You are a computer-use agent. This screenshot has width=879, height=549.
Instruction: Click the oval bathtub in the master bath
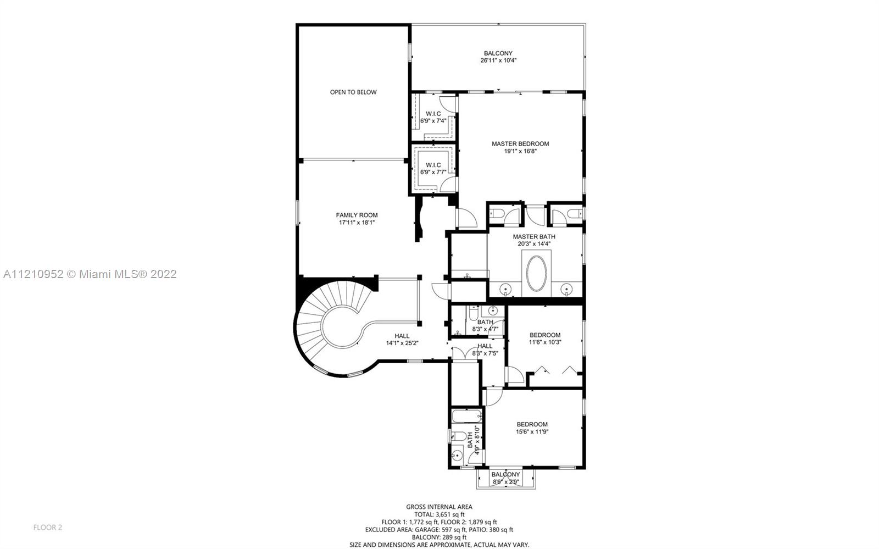(x=536, y=274)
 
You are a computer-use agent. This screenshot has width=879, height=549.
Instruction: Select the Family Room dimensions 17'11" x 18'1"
(x=357, y=223)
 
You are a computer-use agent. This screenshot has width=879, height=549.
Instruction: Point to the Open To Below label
(x=353, y=92)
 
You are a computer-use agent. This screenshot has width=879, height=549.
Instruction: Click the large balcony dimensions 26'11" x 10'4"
(x=498, y=60)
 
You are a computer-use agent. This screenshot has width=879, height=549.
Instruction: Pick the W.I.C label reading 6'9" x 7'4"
(x=433, y=118)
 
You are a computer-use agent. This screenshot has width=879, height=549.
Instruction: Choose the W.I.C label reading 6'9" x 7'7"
(x=433, y=168)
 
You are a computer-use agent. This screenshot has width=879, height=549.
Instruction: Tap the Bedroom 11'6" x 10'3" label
(x=545, y=339)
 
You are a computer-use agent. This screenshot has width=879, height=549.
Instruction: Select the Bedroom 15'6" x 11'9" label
(x=532, y=428)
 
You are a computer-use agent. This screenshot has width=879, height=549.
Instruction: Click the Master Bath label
(x=534, y=237)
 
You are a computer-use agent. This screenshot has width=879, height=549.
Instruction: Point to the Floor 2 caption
(x=47, y=528)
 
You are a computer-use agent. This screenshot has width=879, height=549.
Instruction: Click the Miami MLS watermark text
(x=90, y=274)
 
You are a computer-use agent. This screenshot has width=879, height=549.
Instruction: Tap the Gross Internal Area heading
(x=439, y=507)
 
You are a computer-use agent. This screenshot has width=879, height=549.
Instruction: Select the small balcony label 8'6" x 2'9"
(x=506, y=478)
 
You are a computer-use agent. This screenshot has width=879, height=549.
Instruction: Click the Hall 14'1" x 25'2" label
(x=402, y=340)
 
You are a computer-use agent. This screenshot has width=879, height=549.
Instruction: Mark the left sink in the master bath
(x=505, y=290)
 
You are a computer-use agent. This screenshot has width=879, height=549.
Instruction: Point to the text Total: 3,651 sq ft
(x=439, y=514)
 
